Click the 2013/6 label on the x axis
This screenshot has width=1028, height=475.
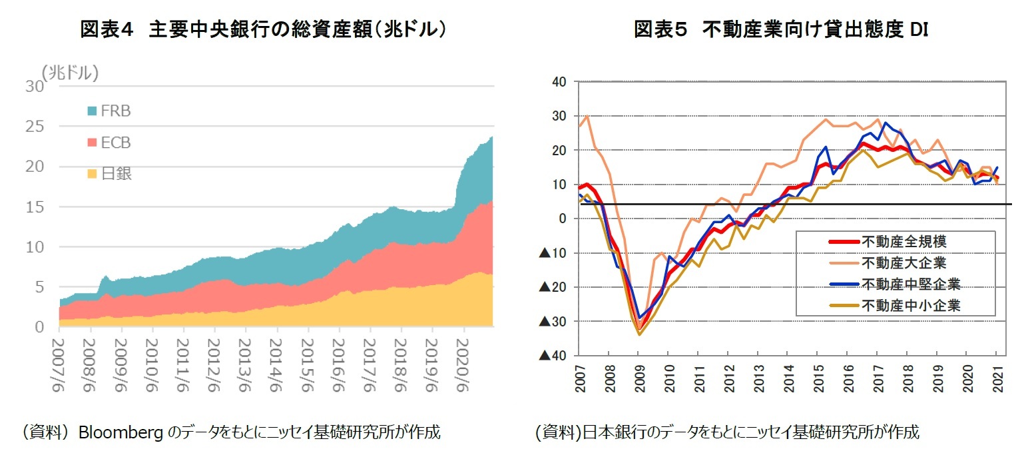[x=246, y=360]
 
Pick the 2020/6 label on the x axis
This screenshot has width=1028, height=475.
[x=464, y=360]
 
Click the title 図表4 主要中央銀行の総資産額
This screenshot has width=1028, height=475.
[x=262, y=29]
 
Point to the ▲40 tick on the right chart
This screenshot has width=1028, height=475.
[x=552, y=356]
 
